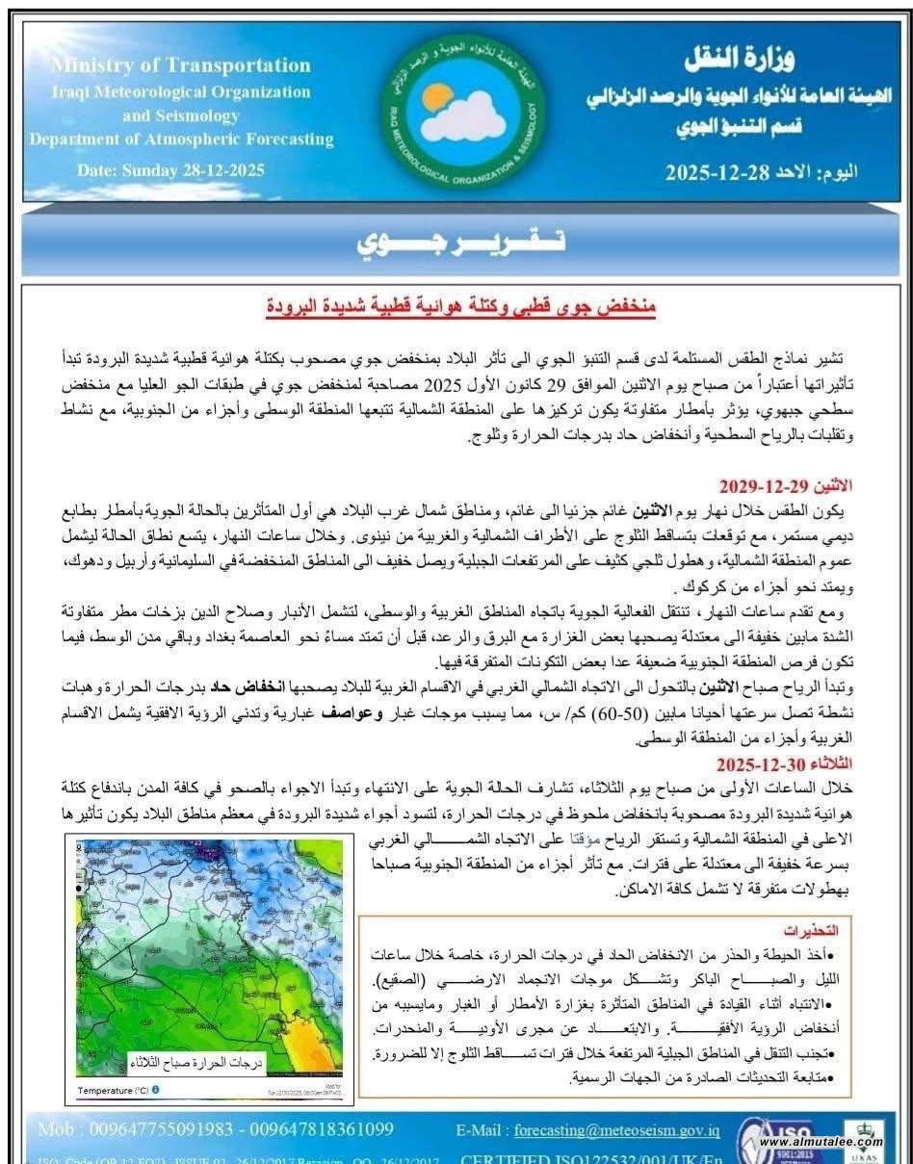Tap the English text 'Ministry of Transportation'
(181, 65)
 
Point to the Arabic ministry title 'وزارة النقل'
(740, 60)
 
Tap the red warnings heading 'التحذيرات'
(812, 930)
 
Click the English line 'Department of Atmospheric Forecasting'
(181, 140)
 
